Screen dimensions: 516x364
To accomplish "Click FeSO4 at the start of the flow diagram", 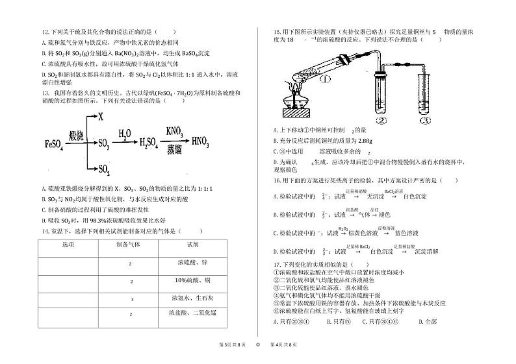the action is click(x=55, y=143).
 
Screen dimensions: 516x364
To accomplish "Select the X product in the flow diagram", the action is click(x=101, y=117).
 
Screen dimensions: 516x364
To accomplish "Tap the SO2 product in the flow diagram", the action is click(x=104, y=169).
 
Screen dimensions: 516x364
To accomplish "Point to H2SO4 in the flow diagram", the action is click(x=138, y=143).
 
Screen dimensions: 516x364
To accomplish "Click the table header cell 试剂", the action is click(x=192, y=244).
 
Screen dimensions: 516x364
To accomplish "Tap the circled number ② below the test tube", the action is click(x=381, y=120).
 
